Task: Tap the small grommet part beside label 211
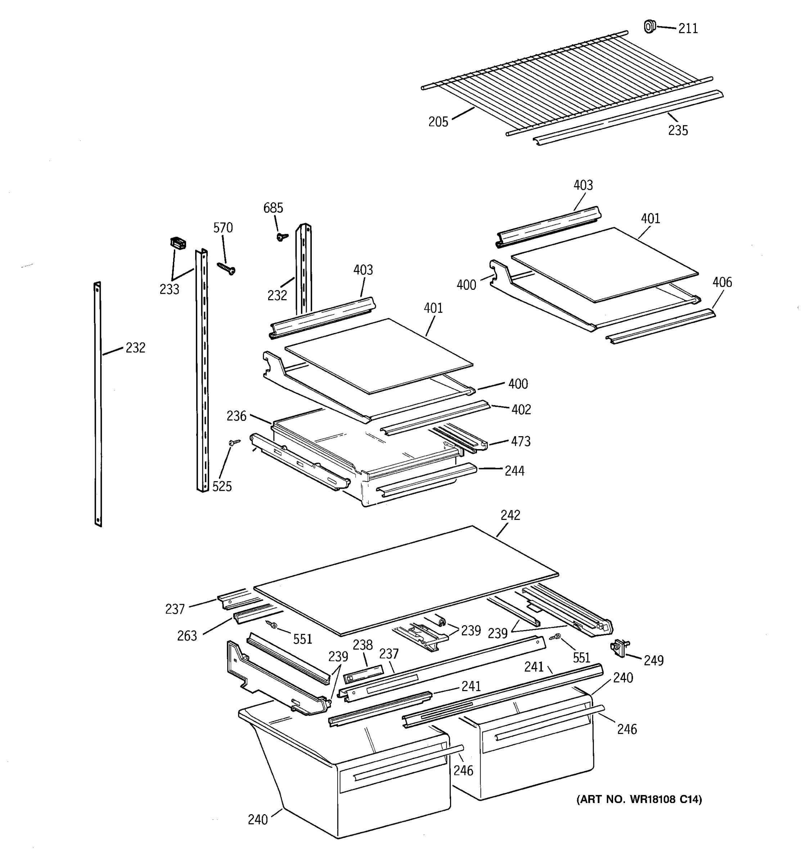649,27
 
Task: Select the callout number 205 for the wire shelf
438,122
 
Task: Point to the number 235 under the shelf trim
678,130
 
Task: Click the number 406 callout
722,282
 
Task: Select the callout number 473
521,442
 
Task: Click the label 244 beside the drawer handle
514,471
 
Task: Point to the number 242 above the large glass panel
510,515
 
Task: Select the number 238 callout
363,645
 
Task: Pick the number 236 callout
237,416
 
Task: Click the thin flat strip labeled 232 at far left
98,404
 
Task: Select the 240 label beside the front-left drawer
258,819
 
